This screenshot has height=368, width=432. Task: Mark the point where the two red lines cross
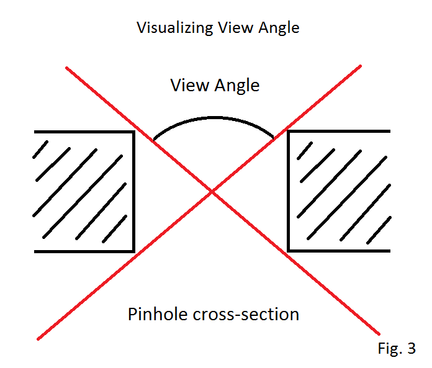point(212,192)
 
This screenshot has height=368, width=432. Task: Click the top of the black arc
point(214,117)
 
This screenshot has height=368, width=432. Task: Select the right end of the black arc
point(273,137)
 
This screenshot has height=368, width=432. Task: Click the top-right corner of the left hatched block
point(133,132)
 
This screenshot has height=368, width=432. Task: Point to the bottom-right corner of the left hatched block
point(133,251)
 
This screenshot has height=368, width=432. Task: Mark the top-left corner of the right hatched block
point(288,132)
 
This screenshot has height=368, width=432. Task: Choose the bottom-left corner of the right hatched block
point(288,251)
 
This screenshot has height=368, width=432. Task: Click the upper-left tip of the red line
point(66,67)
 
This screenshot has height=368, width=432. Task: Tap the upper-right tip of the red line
point(360,65)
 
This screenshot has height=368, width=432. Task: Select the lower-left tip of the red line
point(38,339)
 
